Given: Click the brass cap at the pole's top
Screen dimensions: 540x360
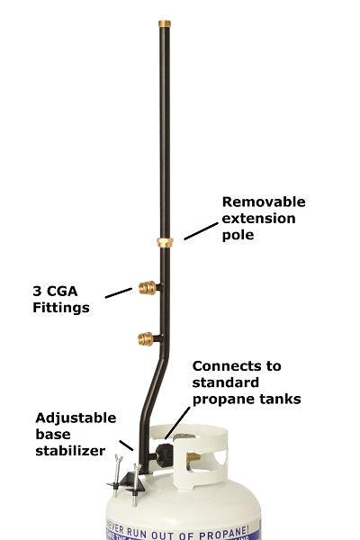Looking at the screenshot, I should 168,21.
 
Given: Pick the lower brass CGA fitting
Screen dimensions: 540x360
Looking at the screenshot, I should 147,339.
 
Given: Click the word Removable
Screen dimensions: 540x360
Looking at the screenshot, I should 264,202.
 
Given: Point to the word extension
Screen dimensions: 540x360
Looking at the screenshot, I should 258,219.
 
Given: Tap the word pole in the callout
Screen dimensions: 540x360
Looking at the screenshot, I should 238,236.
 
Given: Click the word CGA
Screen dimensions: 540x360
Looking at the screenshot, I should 69,292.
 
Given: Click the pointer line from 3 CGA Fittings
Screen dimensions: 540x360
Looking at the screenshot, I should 117,292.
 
